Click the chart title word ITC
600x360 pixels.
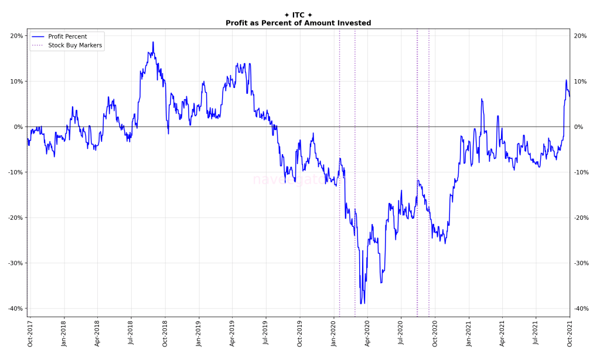[298, 15]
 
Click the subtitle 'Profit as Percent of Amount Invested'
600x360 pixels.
[298, 23]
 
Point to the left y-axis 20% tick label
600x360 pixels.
[16, 36]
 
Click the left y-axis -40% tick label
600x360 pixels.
[15, 308]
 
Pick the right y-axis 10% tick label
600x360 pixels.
[580, 81]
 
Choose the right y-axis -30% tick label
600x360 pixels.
[581, 263]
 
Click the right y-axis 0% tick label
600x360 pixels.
[578, 127]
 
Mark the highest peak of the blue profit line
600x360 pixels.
[154, 42]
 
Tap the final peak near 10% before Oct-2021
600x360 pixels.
[566, 80]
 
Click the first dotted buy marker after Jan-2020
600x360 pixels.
[339, 176]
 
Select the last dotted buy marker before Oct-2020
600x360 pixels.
[428, 176]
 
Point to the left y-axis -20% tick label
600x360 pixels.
[15, 218]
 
